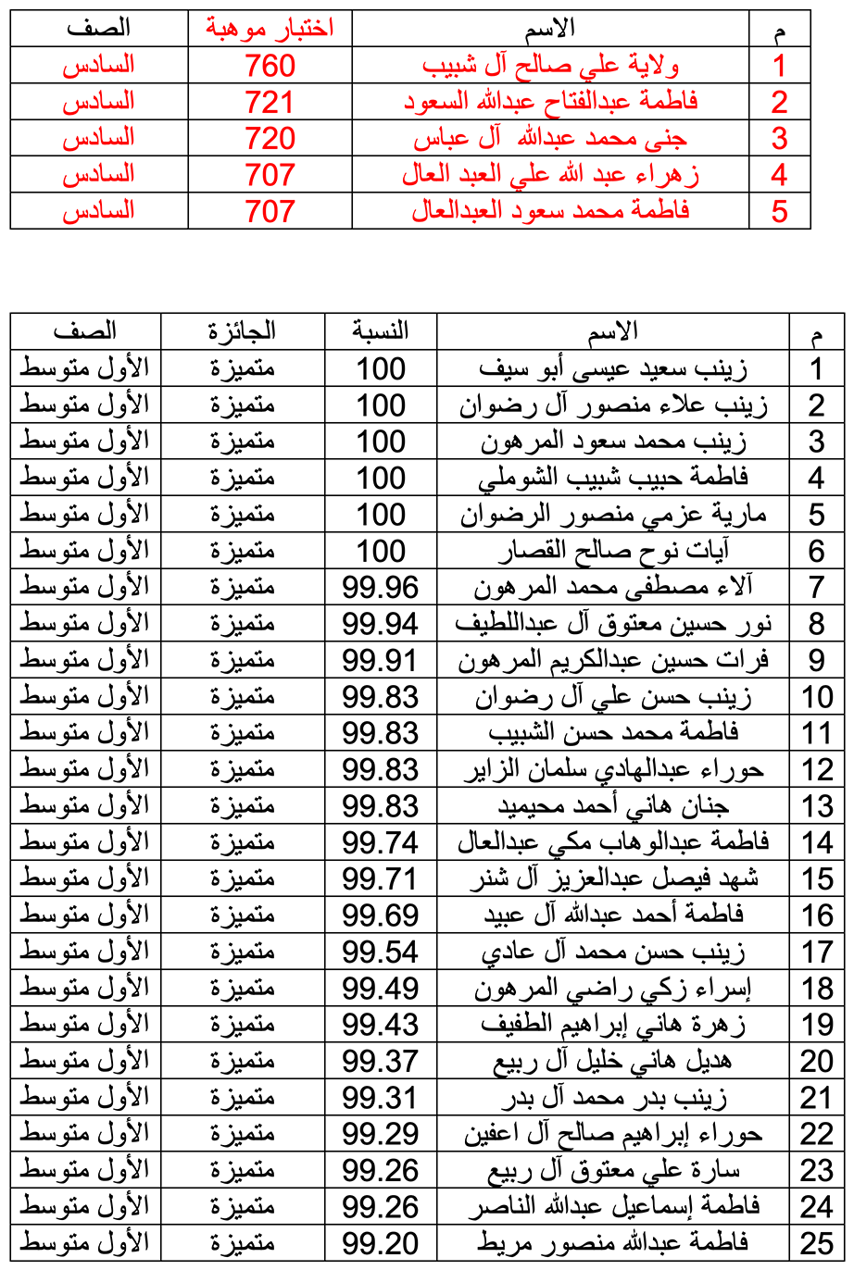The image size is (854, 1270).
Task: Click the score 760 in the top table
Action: click(270, 66)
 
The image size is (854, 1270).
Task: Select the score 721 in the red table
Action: click(270, 102)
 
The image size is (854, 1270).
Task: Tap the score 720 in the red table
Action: click(270, 139)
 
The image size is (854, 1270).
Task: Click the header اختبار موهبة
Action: click(270, 29)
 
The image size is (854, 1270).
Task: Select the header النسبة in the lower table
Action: click(381, 330)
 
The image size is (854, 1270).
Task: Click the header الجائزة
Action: click(243, 330)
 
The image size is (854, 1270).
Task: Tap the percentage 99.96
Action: click(381, 587)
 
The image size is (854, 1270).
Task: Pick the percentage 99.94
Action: click(381, 623)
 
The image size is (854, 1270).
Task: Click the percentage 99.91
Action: click(381, 660)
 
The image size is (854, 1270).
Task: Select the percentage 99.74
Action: click(381, 841)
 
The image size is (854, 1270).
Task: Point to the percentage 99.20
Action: click(381, 1241)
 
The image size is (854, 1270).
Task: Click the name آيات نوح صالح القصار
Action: click(613, 551)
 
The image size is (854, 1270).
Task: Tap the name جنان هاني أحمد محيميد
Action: click(613, 805)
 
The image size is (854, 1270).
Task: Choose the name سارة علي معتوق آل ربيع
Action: click(613, 1169)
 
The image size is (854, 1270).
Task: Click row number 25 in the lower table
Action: click(817, 1241)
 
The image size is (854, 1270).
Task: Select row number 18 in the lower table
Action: click(817, 988)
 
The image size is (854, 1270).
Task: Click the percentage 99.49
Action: click(381, 988)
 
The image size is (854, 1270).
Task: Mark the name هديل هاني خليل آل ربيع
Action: click(613, 1060)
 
